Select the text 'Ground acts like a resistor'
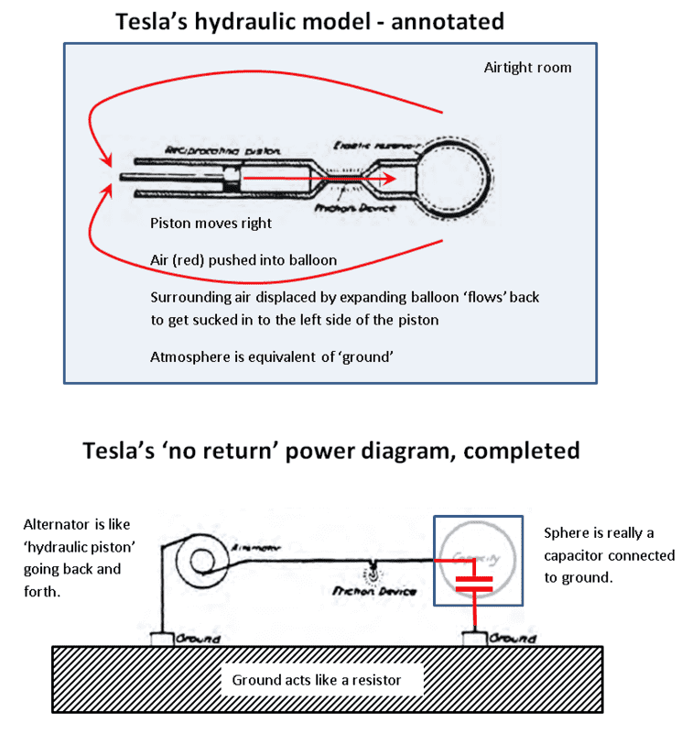(316, 680)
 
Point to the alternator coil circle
(198, 556)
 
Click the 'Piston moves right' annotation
(210, 223)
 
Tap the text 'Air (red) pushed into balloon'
(243, 260)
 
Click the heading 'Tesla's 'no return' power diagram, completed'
(331, 450)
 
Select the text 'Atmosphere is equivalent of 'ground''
(272, 356)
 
